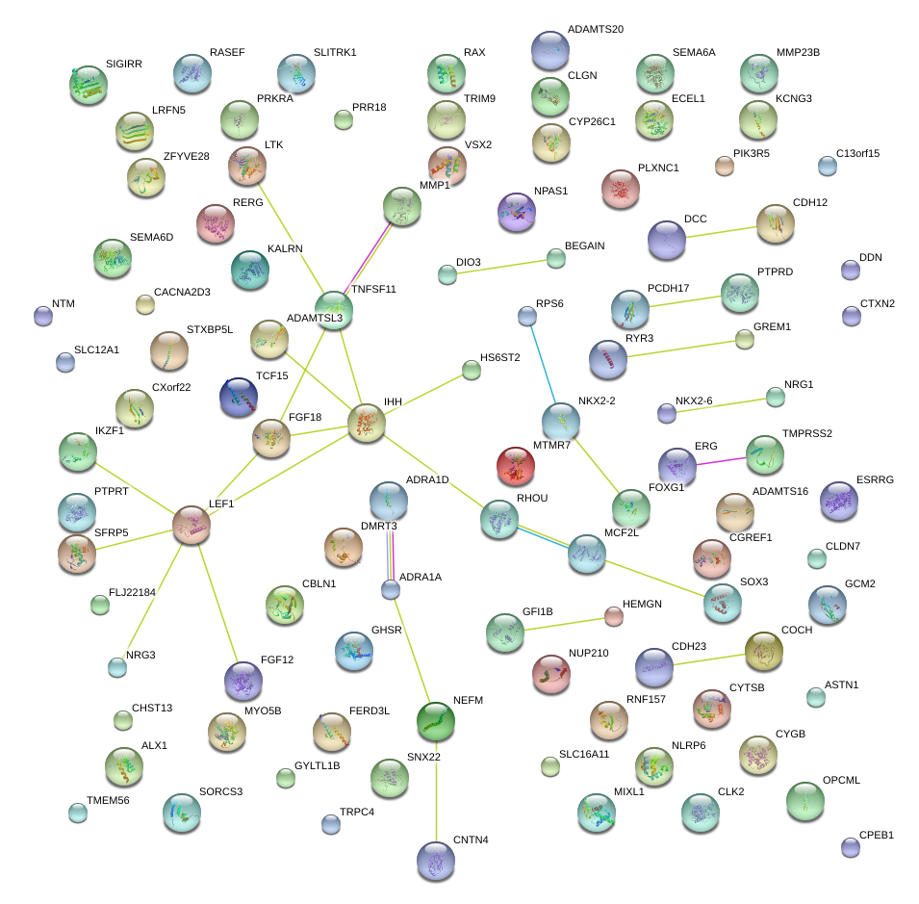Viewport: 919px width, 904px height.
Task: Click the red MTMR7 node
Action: coord(516,467)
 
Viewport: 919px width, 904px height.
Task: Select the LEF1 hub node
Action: coord(191,524)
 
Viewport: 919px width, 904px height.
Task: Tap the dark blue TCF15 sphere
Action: coord(239,397)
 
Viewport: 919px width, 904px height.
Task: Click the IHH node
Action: coord(367,423)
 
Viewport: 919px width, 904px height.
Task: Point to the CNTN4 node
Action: coord(438,860)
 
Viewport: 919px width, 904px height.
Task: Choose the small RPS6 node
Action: coord(526,315)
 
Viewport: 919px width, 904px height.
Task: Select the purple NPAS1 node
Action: coord(517,212)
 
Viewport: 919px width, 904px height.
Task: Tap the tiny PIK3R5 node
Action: coord(725,166)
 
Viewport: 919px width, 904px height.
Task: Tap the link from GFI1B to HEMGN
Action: coord(568,624)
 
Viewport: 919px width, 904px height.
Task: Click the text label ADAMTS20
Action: coord(595,30)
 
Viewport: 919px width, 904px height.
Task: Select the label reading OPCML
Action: coord(841,780)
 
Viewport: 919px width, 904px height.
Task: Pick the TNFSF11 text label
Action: coord(373,289)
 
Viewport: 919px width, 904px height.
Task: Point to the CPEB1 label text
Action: coord(877,835)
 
